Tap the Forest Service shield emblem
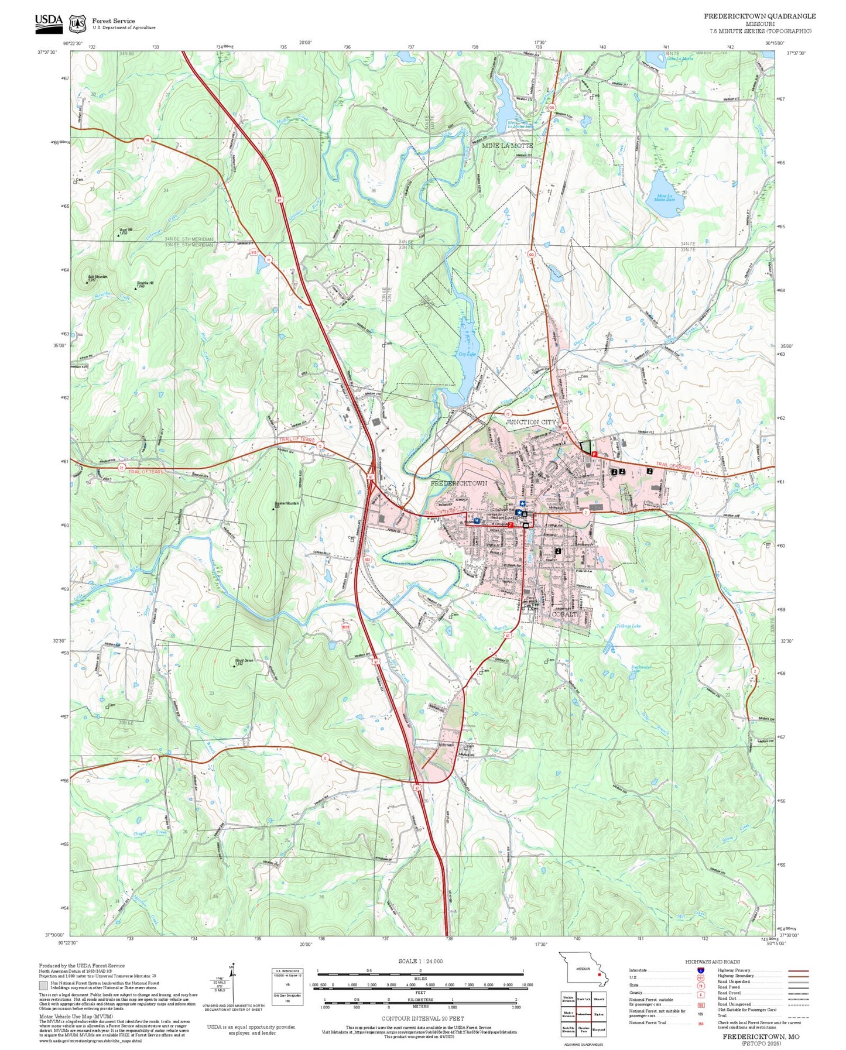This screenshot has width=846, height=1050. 77,23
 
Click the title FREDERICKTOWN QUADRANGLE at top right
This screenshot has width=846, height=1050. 759,16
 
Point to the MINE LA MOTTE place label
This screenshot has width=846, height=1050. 507,145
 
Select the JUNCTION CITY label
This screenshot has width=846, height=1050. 530,422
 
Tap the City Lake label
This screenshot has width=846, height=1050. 466,355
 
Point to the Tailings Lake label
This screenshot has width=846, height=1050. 628,626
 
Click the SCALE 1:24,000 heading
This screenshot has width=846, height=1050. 420,961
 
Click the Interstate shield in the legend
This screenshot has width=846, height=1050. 700,970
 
